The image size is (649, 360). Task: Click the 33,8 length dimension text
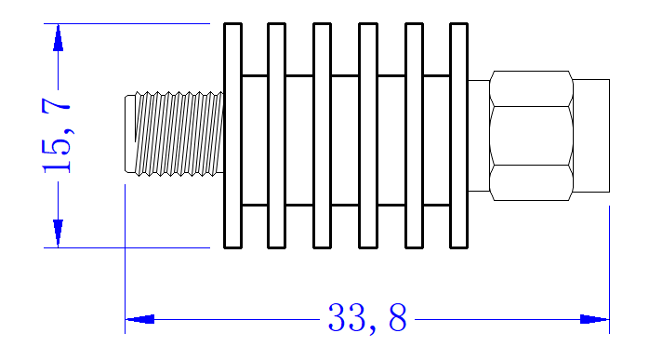click(367, 318)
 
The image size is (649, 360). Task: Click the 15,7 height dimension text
click(57, 136)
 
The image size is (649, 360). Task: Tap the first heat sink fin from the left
click(232, 136)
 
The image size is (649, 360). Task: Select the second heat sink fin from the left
click(276, 136)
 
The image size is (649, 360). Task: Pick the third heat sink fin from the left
click(322, 136)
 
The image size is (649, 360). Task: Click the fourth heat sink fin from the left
click(368, 136)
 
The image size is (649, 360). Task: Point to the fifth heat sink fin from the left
click(414, 136)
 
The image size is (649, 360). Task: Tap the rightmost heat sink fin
click(458, 136)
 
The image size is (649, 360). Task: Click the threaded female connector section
click(179, 134)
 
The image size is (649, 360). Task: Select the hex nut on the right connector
click(532, 136)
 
